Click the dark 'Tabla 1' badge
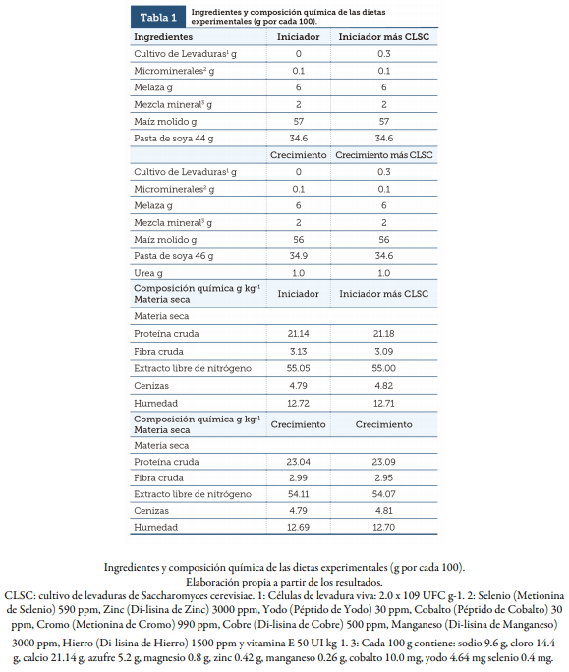pos(158,18)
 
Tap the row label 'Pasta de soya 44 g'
pos(173,139)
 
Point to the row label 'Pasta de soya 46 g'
pos(173,256)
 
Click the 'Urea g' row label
pos(149,273)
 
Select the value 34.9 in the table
pos(298,256)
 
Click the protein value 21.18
pos(383,334)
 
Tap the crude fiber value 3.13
pos(298,351)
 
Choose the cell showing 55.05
pos(298,368)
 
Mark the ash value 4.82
pos(383,385)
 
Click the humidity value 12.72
pos(298,402)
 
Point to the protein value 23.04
pos(298,461)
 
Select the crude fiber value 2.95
pos(383,477)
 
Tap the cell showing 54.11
pos(298,494)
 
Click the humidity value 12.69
pos(298,529)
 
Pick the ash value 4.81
pos(383,512)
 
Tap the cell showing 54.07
pos(383,494)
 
